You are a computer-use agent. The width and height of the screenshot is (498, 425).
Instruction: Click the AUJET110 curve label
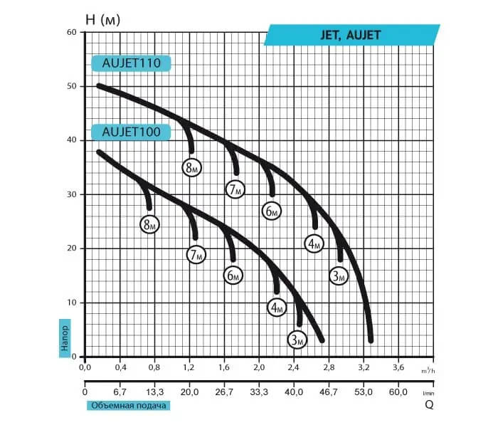(131, 63)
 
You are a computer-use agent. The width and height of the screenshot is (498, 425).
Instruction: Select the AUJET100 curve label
(131, 132)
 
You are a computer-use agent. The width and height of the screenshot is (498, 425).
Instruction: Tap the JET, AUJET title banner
(354, 35)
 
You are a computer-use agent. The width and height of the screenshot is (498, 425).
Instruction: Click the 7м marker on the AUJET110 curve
(235, 189)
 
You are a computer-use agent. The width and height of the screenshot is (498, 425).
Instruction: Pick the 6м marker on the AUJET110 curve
(271, 211)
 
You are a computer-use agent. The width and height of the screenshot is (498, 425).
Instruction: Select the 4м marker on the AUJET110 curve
(314, 244)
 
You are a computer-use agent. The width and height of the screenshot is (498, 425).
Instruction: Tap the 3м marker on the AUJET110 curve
(339, 276)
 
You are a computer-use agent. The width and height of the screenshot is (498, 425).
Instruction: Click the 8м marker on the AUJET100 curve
(149, 224)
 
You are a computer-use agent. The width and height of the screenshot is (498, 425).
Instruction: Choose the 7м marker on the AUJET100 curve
(196, 254)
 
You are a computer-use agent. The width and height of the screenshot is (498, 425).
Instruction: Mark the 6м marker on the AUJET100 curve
(233, 276)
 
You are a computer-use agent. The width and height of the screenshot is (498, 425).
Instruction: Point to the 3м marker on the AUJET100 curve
(297, 340)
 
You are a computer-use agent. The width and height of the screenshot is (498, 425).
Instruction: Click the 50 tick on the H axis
(72, 86)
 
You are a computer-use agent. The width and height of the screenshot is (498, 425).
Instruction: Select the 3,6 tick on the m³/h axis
(398, 369)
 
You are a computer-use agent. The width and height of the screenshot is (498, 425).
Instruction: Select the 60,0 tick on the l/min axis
(398, 392)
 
